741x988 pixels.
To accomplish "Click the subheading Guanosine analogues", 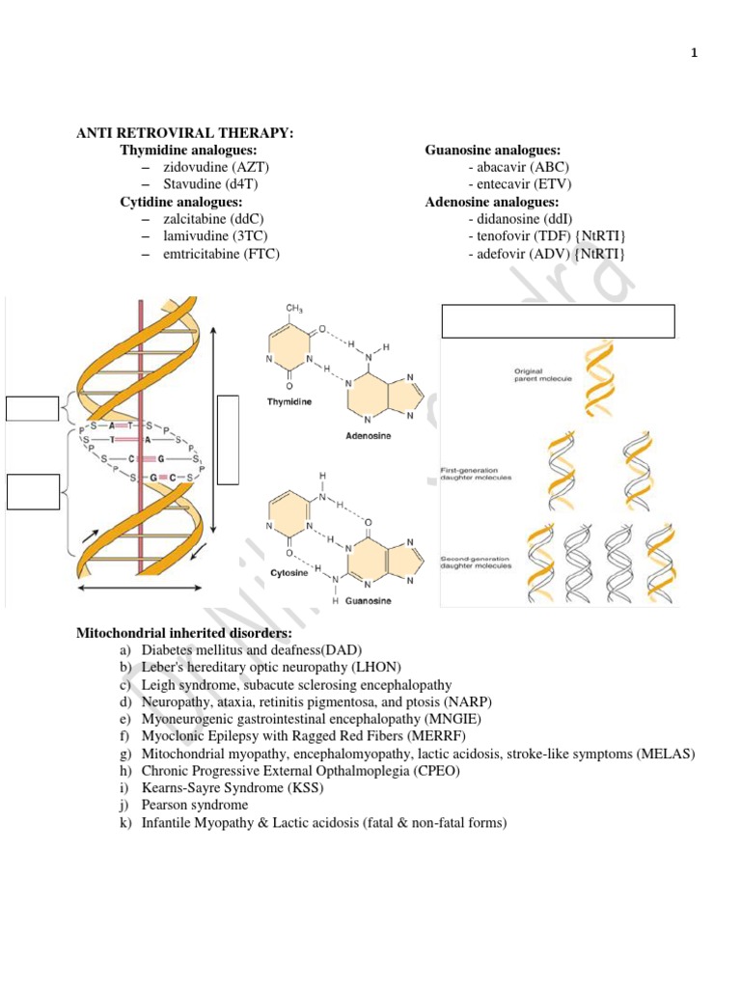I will click(x=493, y=151).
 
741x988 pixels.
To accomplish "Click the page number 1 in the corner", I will click(x=694, y=53).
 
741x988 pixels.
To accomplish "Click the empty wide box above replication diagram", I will click(x=558, y=321).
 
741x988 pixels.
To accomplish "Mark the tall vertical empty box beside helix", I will click(x=228, y=438).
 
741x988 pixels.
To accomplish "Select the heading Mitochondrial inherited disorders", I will click(x=182, y=633).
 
